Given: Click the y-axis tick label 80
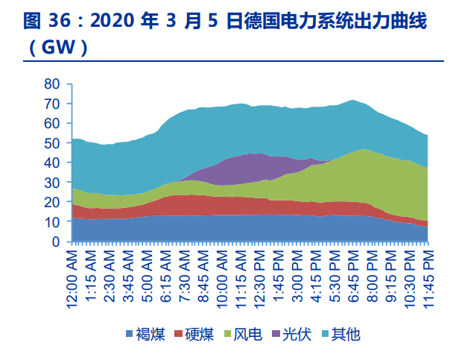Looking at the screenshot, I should click(51, 83).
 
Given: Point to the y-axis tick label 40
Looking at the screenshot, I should click(51, 162).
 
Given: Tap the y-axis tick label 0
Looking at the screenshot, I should click(54, 241).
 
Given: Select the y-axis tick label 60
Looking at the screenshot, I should click(51, 123).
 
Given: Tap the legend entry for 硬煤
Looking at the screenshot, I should click(196, 334).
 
